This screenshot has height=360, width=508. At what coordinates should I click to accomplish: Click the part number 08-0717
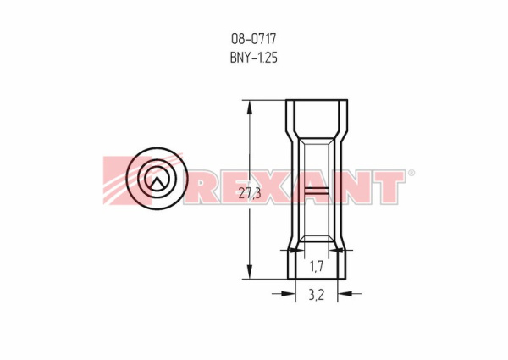pos(253,39)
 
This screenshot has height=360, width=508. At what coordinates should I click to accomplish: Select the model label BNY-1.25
pos(254,58)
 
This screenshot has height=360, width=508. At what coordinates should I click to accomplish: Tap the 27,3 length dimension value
pos(250,193)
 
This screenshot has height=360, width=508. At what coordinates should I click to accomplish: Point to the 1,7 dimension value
pos(316,267)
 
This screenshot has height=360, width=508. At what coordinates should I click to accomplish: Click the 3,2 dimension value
pos(316,295)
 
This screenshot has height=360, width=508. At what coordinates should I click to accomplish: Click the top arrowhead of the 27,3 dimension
pos(250,107)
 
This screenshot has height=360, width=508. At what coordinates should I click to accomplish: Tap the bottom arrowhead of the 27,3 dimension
pos(250,272)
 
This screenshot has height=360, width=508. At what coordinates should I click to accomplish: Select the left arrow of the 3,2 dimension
pos(284,294)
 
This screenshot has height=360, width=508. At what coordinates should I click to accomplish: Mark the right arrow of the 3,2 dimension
pos(349,294)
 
